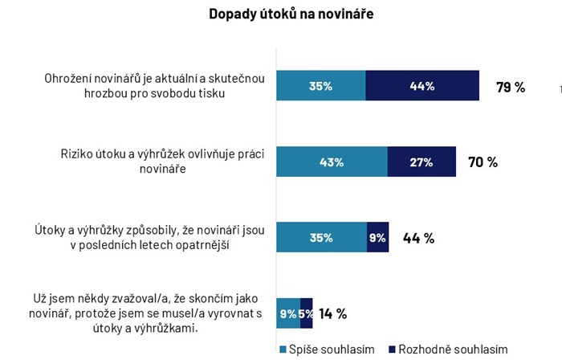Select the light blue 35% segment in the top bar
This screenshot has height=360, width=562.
[321, 86]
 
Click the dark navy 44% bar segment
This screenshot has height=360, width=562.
[422, 86]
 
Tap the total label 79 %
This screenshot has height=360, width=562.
[511, 87]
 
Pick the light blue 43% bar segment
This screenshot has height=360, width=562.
[332, 162]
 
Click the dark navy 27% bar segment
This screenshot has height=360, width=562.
[421, 162]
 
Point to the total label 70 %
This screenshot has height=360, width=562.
[483, 162]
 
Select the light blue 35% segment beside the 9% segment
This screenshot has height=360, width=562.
[321, 238]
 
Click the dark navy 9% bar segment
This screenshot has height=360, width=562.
[377, 238]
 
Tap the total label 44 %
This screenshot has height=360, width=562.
[418, 238]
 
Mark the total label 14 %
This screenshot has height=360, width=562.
[332, 313]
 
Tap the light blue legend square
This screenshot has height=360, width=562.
[283, 350]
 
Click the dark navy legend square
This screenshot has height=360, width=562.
[392, 350]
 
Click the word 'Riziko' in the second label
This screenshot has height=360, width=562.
[79, 154]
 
